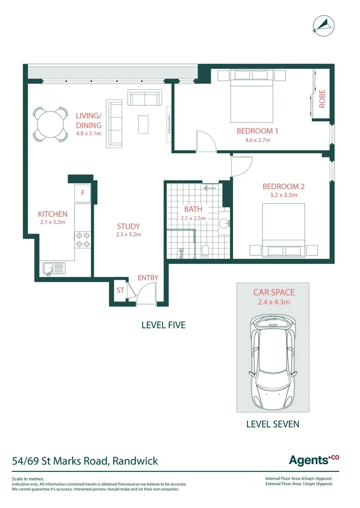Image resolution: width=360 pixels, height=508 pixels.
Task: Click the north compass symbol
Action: pyautogui.click(x=324, y=25)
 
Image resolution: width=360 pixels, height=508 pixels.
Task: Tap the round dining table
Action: pyautogui.click(x=50, y=124)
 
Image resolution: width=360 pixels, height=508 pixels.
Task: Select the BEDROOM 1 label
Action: pyautogui.click(x=257, y=131)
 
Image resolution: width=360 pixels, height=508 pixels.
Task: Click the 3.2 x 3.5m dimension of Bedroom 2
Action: pyautogui.click(x=284, y=195)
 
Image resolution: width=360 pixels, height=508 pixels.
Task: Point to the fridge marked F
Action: pyautogui.click(x=82, y=193)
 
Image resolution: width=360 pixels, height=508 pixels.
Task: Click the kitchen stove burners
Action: pyautogui.click(x=83, y=240)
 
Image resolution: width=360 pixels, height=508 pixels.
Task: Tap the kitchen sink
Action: pyautogui.click(x=54, y=269)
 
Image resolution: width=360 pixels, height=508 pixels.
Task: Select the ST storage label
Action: pyautogui.click(x=120, y=290)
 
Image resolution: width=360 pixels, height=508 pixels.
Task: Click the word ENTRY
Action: pyautogui.click(x=148, y=278)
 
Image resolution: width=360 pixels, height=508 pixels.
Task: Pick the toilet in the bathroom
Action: pyautogui.click(x=205, y=252)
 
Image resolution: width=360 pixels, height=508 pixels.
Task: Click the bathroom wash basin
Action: pyautogui.click(x=224, y=223)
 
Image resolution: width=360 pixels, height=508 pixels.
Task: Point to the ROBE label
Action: pyautogui.click(x=322, y=99)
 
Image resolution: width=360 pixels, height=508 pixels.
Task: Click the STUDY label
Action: pyautogui.click(x=129, y=226)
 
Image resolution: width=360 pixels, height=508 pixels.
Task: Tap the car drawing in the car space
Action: pyautogui.click(x=273, y=362)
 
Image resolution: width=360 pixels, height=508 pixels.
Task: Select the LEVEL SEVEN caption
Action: pyautogui.click(x=273, y=424)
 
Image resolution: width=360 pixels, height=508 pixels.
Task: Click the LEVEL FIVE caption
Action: pyautogui.click(x=164, y=325)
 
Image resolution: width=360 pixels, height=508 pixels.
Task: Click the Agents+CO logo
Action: pyautogui.click(x=314, y=460)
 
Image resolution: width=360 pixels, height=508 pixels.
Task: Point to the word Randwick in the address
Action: pyautogui.click(x=135, y=460)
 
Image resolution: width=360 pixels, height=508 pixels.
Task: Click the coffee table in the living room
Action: pyautogui.click(x=143, y=124)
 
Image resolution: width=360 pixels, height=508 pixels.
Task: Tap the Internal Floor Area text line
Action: pyautogui.click(x=299, y=478)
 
